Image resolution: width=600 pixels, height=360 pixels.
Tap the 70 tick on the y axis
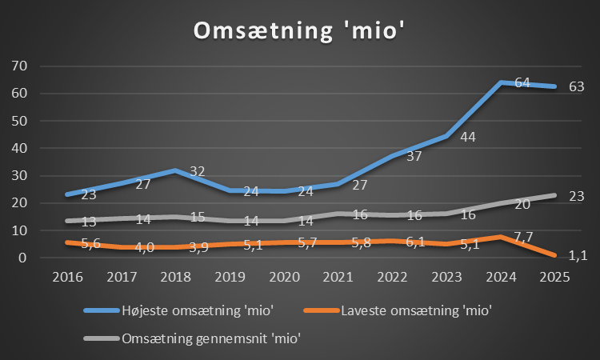pos(18,66)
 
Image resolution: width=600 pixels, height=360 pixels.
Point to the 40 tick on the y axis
pos(18,148)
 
